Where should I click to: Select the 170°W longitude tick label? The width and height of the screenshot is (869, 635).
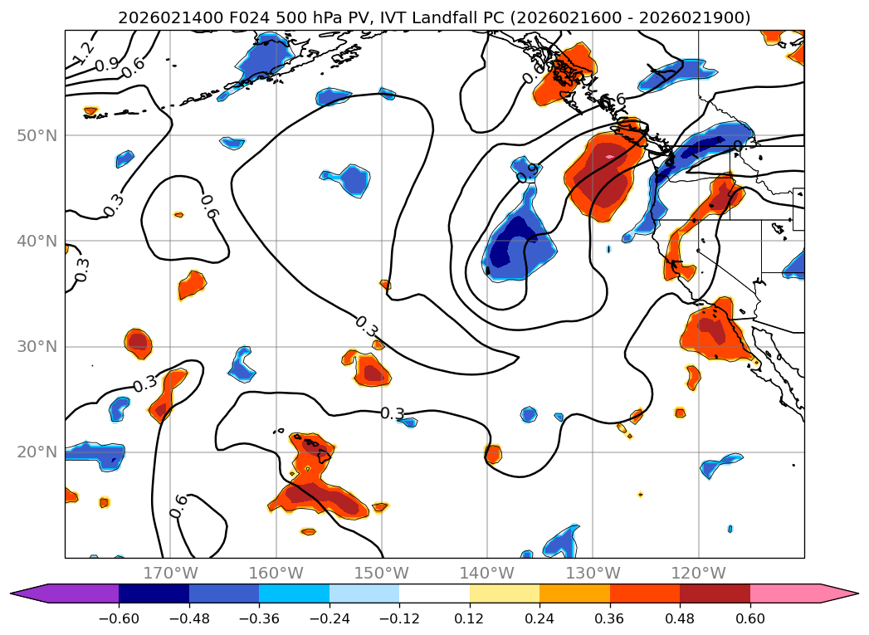pos(170,573)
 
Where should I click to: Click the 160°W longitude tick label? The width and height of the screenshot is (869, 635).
pos(276,573)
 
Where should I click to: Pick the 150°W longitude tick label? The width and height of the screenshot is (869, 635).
pos(382,573)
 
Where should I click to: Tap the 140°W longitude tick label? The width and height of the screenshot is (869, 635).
pos(487,573)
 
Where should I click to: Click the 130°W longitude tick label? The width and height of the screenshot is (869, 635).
pos(593,573)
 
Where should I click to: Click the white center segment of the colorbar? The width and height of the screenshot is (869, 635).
pos(434,593)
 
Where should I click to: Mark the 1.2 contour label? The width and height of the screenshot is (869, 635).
pos(83,53)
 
